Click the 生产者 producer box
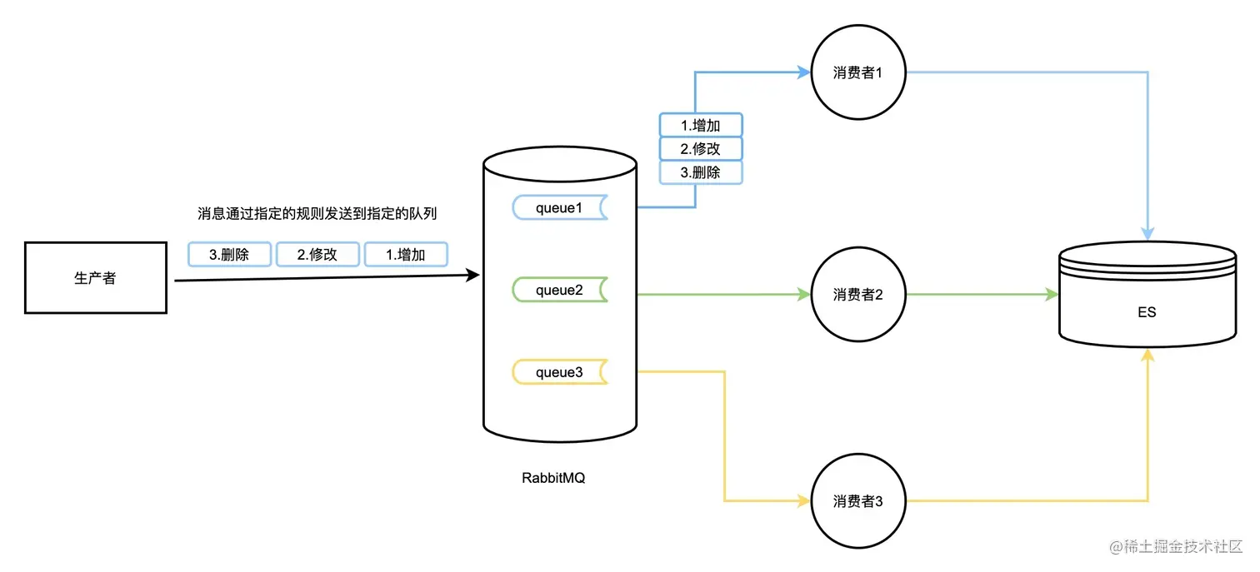tap(96, 277)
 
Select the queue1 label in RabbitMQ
tap(559, 208)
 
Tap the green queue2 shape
tap(560, 290)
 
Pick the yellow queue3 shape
tap(560, 372)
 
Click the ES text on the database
tap(1147, 312)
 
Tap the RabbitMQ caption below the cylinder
tap(553, 478)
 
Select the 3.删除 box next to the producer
tap(229, 255)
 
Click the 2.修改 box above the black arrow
tap(317, 255)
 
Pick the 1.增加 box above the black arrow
tap(406, 255)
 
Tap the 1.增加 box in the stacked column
tap(701, 125)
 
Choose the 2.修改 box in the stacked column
tap(701, 148)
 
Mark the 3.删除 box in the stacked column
tap(701, 172)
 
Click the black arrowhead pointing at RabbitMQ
tap(473, 275)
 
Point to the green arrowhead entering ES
tap(1052, 294)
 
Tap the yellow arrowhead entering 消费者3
tap(804, 500)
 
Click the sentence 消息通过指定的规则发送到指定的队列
tap(317, 213)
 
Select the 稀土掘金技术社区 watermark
tap(1176, 546)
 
